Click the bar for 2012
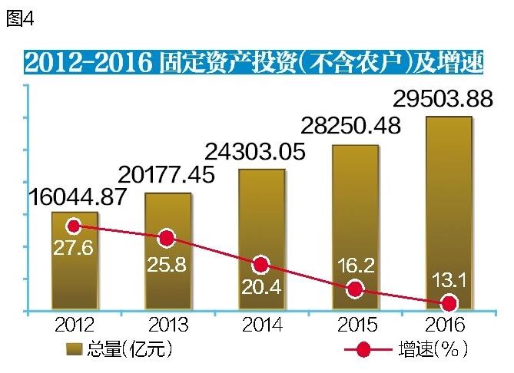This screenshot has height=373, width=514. tap(75, 265)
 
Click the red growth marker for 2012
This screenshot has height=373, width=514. tap(74, 226)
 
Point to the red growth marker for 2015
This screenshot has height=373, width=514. tap(354, 289)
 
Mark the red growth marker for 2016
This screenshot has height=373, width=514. tap(449, 302)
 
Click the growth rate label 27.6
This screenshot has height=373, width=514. tap(73, 249)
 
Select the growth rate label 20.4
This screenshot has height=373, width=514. tap(261, 289)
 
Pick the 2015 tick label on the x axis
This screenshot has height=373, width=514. tap(355, 325)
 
